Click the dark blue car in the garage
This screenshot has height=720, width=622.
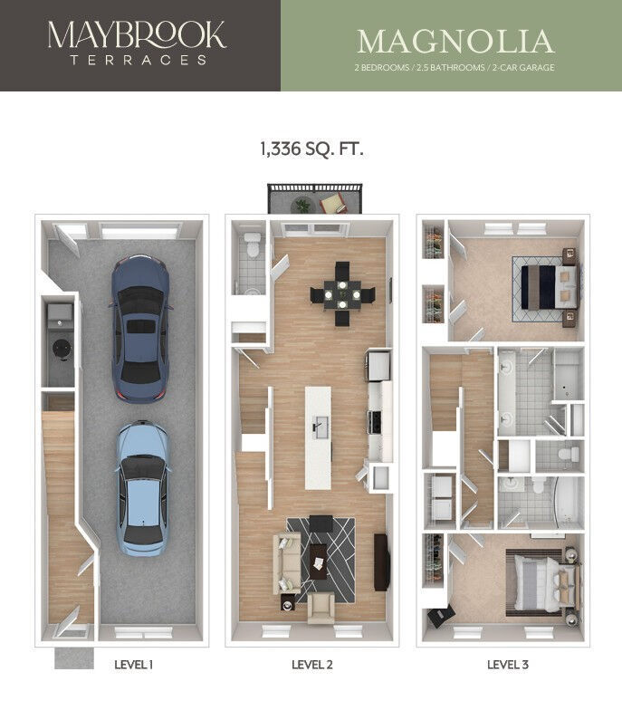[139, 328]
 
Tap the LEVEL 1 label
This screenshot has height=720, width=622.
[133, 665]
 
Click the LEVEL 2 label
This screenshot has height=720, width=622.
[312, 665]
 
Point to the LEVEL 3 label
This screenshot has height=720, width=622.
[508, 665]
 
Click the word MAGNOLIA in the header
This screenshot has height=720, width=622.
[455, 42]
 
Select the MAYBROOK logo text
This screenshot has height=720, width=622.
[137, 35]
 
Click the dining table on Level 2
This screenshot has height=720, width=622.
[342, 293]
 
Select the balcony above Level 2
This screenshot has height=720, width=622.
[313, 199]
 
